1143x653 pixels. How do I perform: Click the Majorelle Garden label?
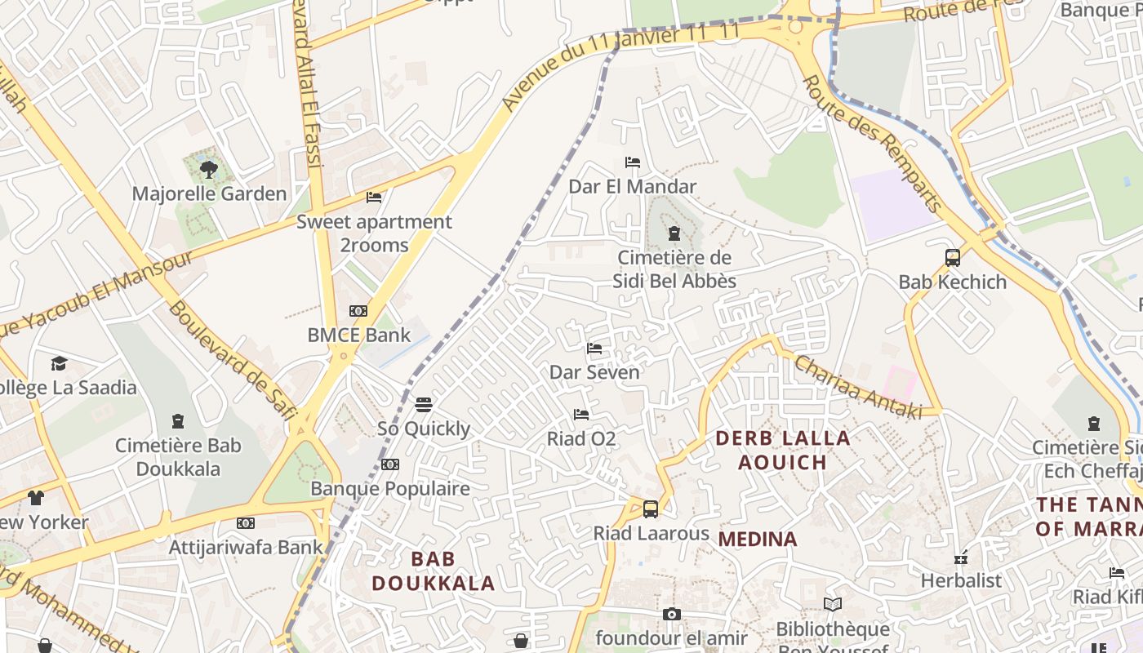coord(209,193)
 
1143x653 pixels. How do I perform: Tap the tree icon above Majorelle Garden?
coord(209,170)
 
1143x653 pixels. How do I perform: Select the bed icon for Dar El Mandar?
coord(632,162)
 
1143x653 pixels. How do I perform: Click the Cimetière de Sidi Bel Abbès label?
coord(674,269)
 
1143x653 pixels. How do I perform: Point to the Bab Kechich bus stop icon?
coord(952,258)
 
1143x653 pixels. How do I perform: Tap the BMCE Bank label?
coord(358,335)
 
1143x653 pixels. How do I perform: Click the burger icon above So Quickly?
coord(423,405)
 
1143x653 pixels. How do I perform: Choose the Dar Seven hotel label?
coord(594,372)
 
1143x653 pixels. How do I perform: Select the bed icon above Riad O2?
coord(581,415)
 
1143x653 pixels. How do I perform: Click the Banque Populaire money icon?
coord(390,464)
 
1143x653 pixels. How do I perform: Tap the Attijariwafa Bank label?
coord(246,547)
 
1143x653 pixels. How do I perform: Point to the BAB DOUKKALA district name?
coord(434,571)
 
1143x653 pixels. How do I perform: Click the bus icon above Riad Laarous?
coord(651,509)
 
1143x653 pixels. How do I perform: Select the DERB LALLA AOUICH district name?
coord(783,450)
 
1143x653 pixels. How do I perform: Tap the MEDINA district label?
coord(758,539)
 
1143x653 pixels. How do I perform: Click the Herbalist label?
coord(961,580)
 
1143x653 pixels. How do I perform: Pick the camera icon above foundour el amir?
coord(671,614)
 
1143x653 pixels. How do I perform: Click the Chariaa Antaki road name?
coord(857,387)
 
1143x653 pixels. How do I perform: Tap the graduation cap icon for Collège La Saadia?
coord(59,363)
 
